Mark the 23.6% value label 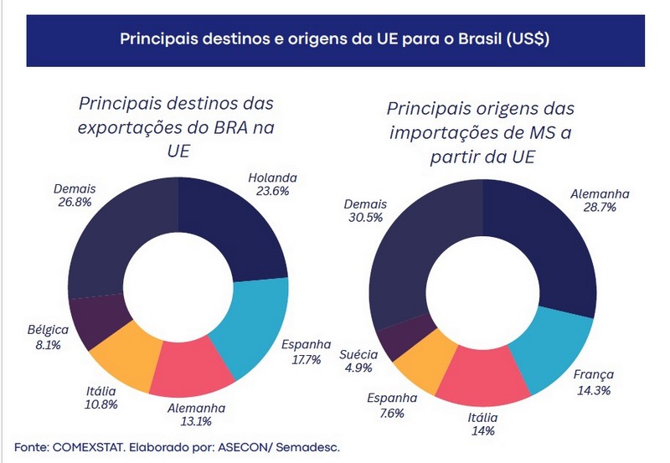273,190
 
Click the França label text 594,374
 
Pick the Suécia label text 359,353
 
